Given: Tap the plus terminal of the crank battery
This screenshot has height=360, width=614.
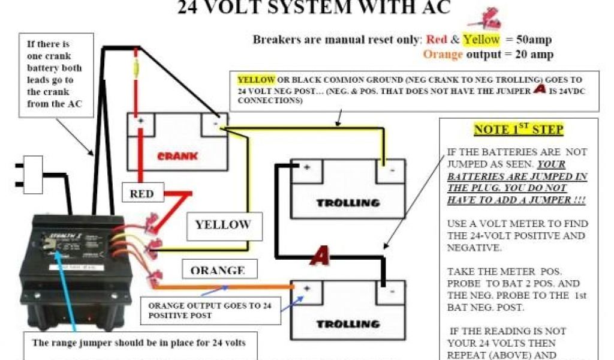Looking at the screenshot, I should click(142, 122).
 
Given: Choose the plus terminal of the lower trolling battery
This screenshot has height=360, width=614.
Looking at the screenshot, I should click(306, 289).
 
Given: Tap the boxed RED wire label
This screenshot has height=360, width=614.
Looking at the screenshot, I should click(142, 194).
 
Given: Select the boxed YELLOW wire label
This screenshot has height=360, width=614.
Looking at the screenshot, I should click(222, 225).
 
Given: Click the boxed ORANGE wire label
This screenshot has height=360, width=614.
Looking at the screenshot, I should click(216, 270).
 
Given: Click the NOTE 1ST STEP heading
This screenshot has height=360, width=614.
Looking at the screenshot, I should click(519, 130).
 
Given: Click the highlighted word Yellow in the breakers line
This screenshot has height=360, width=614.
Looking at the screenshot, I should click(481, 40).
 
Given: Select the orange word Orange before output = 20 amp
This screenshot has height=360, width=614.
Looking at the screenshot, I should click(443, 55).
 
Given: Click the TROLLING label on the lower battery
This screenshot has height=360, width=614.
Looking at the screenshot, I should click(348, 324).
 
